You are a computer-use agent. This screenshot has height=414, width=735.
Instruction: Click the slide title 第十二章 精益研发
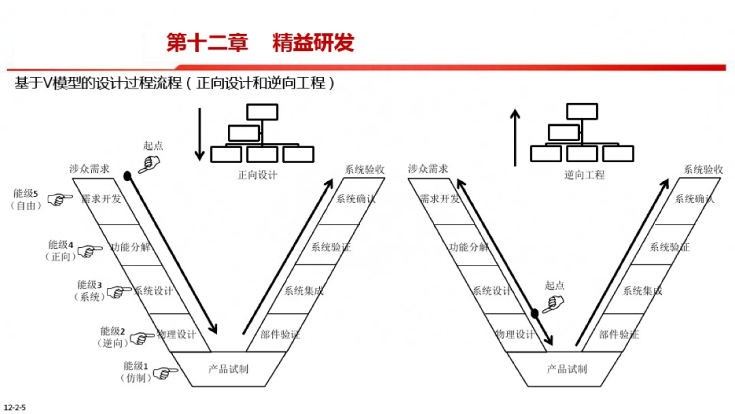[x=260, y=43]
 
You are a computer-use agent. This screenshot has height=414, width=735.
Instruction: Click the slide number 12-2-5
[x=15, y=407]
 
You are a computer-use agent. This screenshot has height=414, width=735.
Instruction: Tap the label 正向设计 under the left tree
[x=257, y=175]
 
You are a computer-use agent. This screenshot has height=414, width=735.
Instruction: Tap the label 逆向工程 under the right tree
[x=584, y=175]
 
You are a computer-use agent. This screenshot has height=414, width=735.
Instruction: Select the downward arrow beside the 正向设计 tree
[x=199, y=133]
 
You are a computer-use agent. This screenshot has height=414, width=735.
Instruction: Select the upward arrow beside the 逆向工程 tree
[x=515, y=137]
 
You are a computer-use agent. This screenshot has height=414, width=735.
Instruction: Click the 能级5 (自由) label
[x=26, y=200]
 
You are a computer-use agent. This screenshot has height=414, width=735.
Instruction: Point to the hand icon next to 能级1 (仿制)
[x=163, y=373]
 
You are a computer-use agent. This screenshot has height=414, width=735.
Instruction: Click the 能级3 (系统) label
[x=89, y=291]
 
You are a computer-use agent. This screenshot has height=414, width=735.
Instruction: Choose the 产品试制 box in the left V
[x=228, y=369]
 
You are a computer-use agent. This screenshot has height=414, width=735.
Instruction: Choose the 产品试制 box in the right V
[x=566, y=369]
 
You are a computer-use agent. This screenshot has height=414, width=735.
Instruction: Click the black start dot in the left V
[x=127, y=176]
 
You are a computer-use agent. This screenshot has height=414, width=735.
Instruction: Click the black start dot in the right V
[x=535, y=313]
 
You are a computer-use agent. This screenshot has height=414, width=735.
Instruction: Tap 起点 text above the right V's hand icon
[x=554, y=286]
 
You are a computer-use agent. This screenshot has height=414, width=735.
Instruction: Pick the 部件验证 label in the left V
[x=280, y=334]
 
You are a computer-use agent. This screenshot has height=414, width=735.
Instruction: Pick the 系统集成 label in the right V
[x=642, y=291]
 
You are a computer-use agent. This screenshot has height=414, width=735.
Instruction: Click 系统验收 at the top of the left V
[x=365, y=170]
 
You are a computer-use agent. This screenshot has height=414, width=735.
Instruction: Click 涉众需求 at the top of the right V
[x=428, y=169]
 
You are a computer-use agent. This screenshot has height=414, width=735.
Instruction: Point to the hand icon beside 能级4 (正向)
[x=88, y=251]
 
